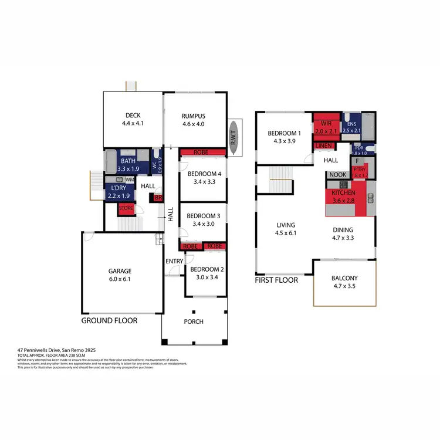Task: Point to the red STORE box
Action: pyautogui.click(x=126, y=208)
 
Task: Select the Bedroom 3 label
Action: pyautogui.click(x=204, y=216)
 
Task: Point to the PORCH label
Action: pyautogui.click(x=194, y=321)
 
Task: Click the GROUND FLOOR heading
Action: pyautogui.click(x=109, y=321)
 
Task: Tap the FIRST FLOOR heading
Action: pyautogui.click(x=276, y=280)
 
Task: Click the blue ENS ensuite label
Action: pyautogui.click(x=351, y=124)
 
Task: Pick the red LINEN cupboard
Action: pyautogui.click(x=323, y=145)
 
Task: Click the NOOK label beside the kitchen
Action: pyautogui.click(x=337, y=175)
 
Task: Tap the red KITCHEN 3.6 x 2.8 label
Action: pyautogui.click(x=344, y=196)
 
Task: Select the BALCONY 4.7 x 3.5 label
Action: pyautogui.click(x=344, y=282)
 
